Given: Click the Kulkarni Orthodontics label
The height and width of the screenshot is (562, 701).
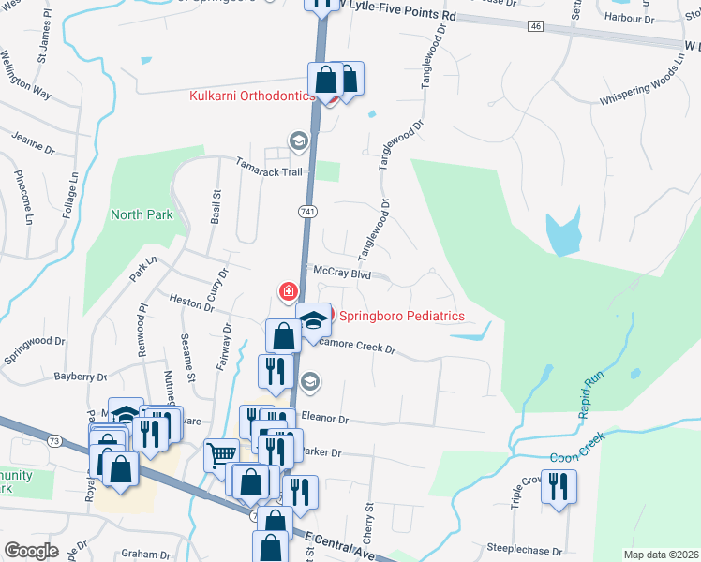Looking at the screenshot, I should coord(252,96).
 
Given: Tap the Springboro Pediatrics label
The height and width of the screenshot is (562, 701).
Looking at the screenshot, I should coord(401,316).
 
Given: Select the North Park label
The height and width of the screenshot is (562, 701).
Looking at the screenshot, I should coord(142,214).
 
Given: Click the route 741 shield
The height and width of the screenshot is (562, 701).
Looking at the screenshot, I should coord(306,213).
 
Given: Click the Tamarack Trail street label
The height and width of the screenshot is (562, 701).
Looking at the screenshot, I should coord(269,170).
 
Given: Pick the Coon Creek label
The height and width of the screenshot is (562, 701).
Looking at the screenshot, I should coord(578,451).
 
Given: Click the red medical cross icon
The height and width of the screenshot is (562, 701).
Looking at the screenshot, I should coord(289,292).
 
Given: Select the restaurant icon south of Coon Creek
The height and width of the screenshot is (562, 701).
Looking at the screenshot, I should coord(559,487).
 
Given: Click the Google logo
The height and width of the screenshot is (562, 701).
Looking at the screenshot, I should coord(31,550).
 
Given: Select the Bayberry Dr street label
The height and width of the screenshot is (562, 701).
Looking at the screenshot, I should coord(81,376).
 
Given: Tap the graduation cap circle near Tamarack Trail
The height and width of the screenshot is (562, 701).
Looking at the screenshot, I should coord(298,141).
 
